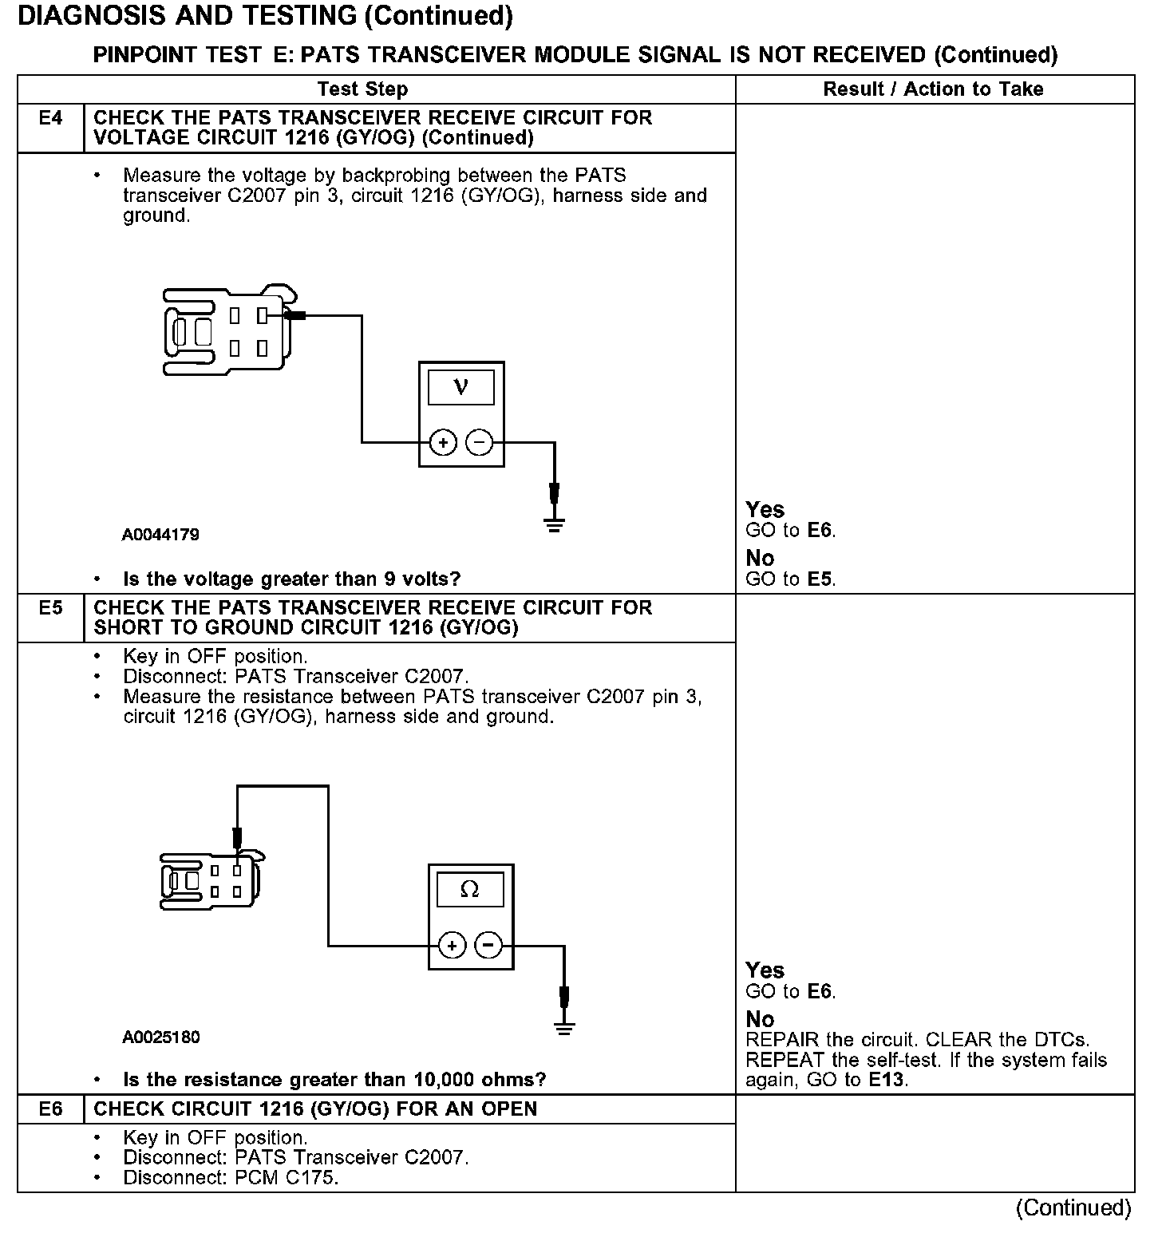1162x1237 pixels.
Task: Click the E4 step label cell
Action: [50, 119]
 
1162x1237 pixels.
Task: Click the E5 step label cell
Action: [50, 608]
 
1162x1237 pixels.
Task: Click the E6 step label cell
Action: [50, 1109]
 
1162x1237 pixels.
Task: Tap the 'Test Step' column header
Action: [362, 89]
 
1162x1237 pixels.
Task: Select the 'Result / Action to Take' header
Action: [933, 89]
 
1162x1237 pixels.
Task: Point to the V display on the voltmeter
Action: [460, 388]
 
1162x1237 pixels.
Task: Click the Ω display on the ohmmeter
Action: [470, 889]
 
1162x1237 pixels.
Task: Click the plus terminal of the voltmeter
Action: [443, 442]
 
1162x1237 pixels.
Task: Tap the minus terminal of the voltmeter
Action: [479, 442]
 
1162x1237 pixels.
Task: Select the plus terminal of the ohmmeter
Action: [452, 946]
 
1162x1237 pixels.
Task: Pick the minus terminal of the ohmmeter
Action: [488, 946]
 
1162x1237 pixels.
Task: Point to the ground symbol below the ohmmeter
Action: [564, 1027]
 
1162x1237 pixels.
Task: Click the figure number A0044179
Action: [160, 535]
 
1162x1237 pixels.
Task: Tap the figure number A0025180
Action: [160, 1037]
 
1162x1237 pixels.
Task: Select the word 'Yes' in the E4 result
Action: [765, 509]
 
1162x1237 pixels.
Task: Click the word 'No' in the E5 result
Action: [760, 1019]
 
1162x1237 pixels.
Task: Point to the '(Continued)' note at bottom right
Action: [1073, 1207]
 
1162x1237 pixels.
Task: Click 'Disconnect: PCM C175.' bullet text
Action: [231, 1178]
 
